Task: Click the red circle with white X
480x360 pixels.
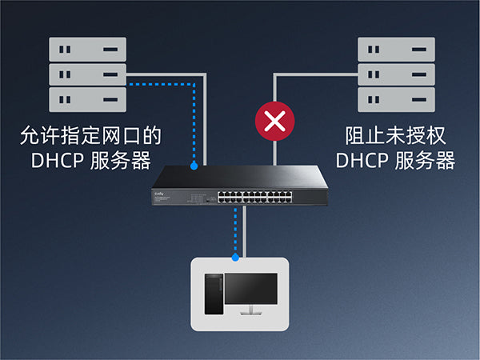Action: tap(274, 122)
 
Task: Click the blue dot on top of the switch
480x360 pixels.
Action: tap(194, 166)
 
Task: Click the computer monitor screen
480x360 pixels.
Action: tap(250, 290)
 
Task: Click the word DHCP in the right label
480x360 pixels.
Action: tap(361, 160)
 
